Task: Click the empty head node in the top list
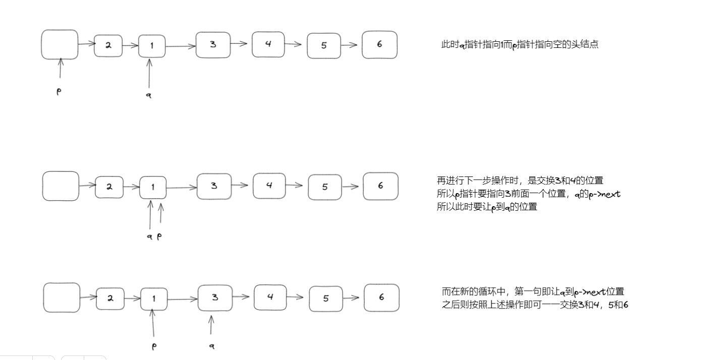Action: tap(60, 44)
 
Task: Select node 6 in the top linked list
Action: tap(379, 45)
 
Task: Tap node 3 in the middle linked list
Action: tap(214, 186)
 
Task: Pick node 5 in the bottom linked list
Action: tap(325, 298)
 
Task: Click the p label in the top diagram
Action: tap(59, 92)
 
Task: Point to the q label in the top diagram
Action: tap(149, 95)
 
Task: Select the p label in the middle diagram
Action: tap(159, 235)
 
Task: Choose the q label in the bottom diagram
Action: tap(212, 346)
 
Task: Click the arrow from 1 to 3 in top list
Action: tap(180, 46)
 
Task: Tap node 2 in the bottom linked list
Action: tap(110, 298)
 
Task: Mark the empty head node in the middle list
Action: tap(61, 186)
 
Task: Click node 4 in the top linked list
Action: tap(268, 44)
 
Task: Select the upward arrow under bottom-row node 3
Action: tap(211, 325)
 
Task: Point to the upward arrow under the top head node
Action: tap(61, 68)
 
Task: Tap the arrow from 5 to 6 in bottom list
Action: tap(353, 297)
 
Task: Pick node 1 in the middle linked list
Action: tap(153, 188)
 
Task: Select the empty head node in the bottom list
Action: tap(62, 297)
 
